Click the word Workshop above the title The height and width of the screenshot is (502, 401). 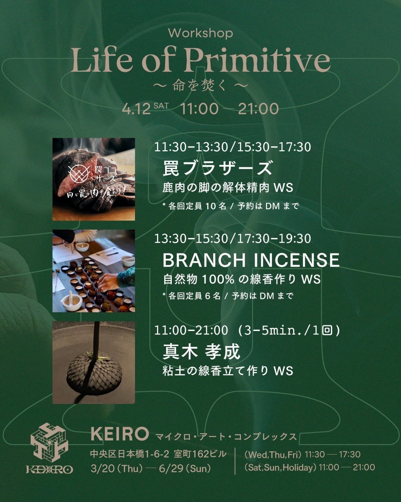click(x=200, y=34)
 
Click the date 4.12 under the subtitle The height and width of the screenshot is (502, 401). click(x=136, y=109)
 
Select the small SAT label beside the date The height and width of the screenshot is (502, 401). click(x=161, y=106)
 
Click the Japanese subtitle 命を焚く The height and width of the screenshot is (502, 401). click(x=200, y=86)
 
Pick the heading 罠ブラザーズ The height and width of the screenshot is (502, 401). click(x=217, y=168)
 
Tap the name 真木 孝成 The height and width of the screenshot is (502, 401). click(x=201, y=352)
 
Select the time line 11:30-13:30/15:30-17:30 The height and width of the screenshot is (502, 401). click(x=232, y=147)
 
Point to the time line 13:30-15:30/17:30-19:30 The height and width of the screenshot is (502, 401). click(x=232, y=239)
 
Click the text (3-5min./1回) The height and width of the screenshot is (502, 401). click(x=289, y=331)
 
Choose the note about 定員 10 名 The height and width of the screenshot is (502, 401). click(x=231, y=206)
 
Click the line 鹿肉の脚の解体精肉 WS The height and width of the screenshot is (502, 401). click(x=228, y=188)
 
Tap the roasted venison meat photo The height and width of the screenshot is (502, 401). click(x=94, y=179)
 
